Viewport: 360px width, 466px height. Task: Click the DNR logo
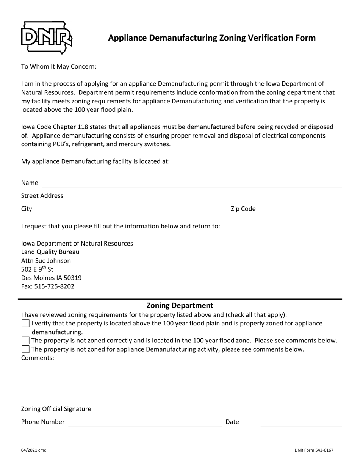[x=46, y=38]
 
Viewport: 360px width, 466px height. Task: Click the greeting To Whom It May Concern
[x=59, y=67]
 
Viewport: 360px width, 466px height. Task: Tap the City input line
[x=131, y=210]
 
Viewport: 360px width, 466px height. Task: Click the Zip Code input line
[x=301, y=210]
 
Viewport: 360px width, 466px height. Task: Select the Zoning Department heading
[x=180, y=305]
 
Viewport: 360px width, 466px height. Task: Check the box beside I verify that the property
[x=25, y=324]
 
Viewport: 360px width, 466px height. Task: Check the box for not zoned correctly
[x=25, y=341]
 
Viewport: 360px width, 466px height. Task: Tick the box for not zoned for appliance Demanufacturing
[x=25, y=349]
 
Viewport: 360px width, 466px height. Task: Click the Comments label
[x=38, y=357]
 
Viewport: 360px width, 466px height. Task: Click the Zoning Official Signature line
[x=220, y=410]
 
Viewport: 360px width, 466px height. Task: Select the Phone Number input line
[x=145, y=423]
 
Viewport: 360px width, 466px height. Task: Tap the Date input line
[x=301, y=423]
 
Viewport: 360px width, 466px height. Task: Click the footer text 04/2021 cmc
[x=34, y=450]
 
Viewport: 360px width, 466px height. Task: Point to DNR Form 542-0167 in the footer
[x=314, y=450]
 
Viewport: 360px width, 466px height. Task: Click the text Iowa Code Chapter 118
[x=55, y=127]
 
